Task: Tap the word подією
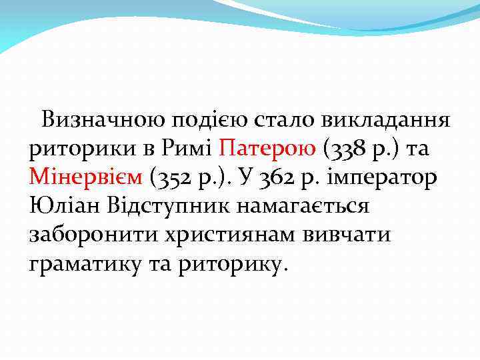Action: [201, 121]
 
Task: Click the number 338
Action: [345, 149]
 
